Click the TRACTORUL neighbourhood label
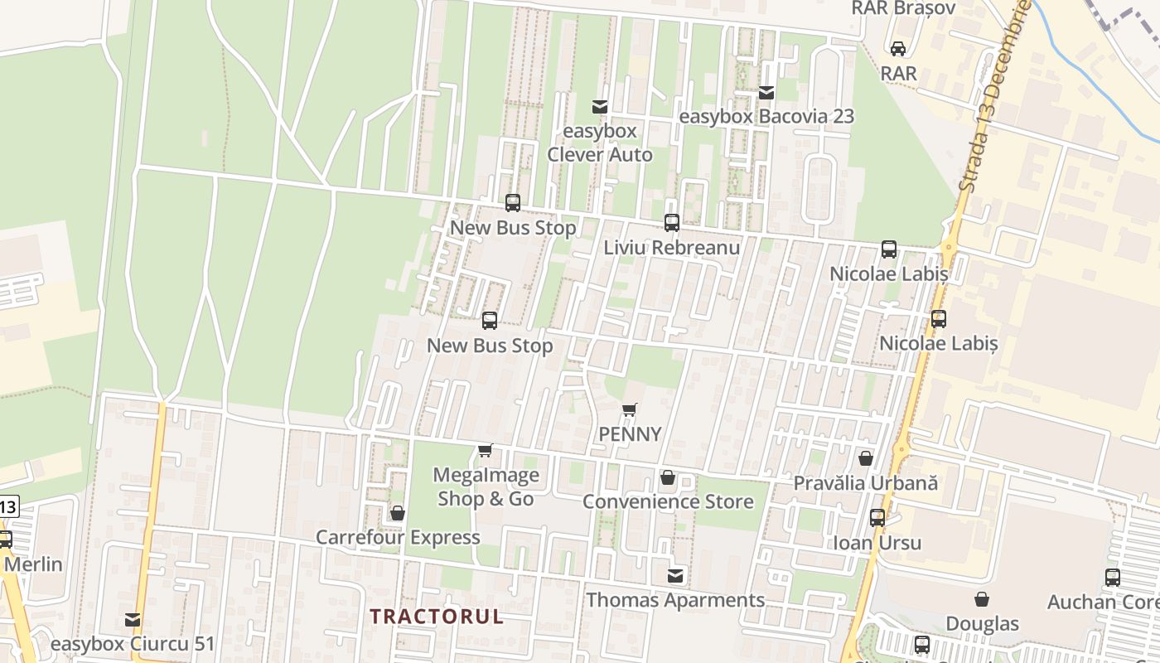[x=437, y=617]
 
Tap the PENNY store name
[x=631, y=434]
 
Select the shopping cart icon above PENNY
[x=630, y=409]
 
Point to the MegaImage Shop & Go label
[x=486, y=487]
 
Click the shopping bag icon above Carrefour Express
[x=398, y=513]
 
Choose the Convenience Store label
[x=668, y=501]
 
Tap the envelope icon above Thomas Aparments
[x=676, y=575]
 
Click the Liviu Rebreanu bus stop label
[x=671, y=247]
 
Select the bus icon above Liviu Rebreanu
[x=671, y=222]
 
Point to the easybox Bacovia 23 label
[x=766, y=116]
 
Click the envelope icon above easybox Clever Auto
[x=599, y=106]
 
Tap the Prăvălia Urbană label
[x=866, y=482]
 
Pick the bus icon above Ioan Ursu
[x=877, y=518]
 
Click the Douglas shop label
[x=983, y=623]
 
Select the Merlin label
[x=33, y=564]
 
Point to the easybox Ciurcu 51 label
[x=133, y=644]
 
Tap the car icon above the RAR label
[x=898, y=48]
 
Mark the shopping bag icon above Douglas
[x=982, y=598]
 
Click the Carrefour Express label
[x=398, y=537]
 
